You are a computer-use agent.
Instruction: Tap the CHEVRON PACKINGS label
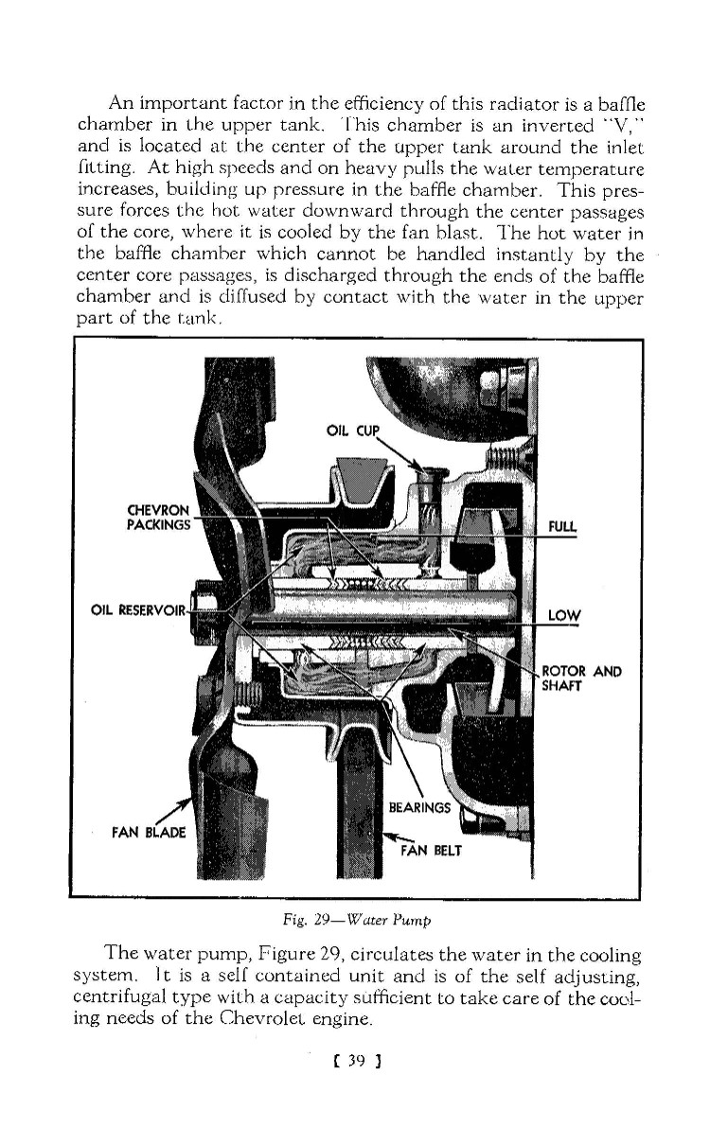coord(160,514)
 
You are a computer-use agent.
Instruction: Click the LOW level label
coord(564,617)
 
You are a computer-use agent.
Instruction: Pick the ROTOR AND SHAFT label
coord(579,679)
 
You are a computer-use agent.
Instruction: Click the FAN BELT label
coord(431,849)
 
